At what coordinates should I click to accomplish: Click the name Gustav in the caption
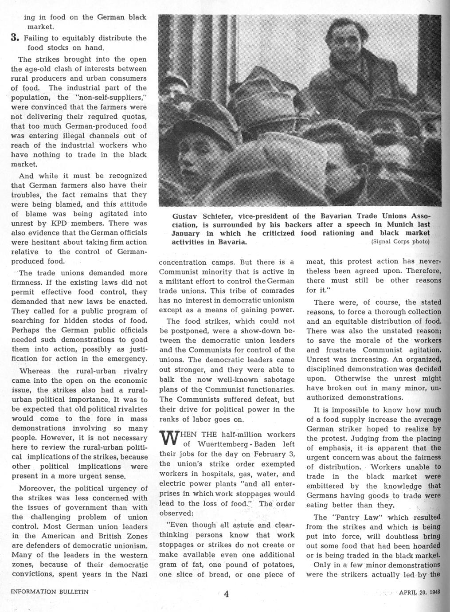186,216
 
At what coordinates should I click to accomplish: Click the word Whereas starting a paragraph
35,371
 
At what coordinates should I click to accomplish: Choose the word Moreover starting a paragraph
38,488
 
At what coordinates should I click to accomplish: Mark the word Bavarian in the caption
328,216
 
